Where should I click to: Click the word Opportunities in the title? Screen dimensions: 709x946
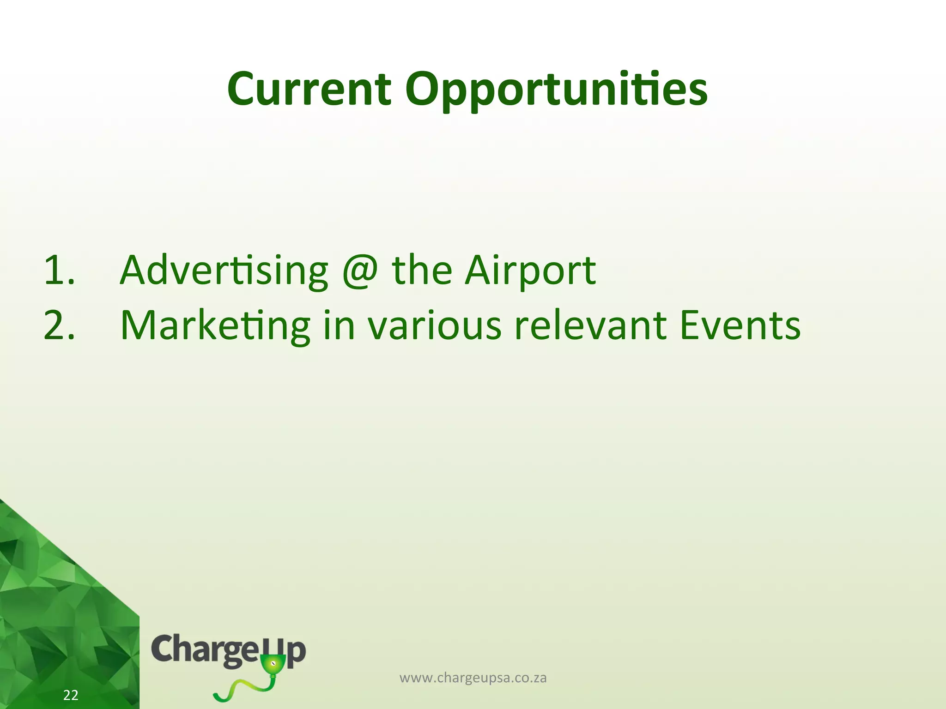(556, 90)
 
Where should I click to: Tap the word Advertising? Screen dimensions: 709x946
(224, 271)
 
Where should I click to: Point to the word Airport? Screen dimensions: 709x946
(530, 271)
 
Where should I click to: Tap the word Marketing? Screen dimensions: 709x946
(215, 326)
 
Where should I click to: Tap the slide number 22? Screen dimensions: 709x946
(71, 695)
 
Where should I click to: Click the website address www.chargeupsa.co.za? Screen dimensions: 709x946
(473, 678)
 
